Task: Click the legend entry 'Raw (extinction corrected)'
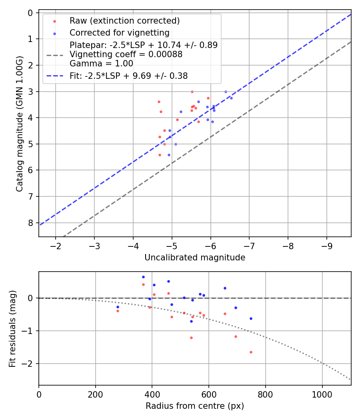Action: point(124,21)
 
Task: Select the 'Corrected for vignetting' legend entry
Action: point(120,33)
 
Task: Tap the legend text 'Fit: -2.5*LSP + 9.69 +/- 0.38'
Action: point(128,76)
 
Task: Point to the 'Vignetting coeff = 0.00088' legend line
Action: point(126,54)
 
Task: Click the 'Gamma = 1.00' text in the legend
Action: point(101,64)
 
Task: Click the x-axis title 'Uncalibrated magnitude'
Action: point(195,258)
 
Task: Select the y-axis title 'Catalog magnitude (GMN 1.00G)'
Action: point(20,124)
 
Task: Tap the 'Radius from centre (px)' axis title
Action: point(195,406)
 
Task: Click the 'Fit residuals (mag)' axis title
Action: point(12,328)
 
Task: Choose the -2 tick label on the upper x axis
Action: point(55,246)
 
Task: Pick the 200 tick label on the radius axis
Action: point(96,394)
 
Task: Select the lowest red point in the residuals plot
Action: point(251,352)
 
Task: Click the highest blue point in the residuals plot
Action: point(143,277)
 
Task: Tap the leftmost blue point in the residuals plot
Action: point(118,307)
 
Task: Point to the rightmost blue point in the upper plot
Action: point(231,98)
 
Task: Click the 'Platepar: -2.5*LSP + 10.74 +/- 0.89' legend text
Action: point(144,45)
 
